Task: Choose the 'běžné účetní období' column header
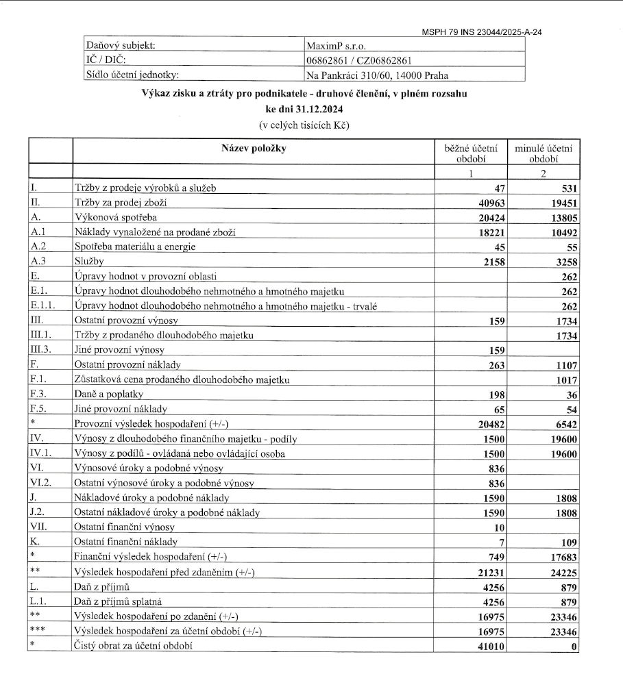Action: [471, 153]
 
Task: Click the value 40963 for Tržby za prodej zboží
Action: [491, 203]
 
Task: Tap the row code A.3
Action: [38, 261]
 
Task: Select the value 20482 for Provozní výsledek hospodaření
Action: [491, 424]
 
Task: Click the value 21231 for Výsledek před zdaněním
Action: [491, 571]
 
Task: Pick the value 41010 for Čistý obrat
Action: [491, 646]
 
